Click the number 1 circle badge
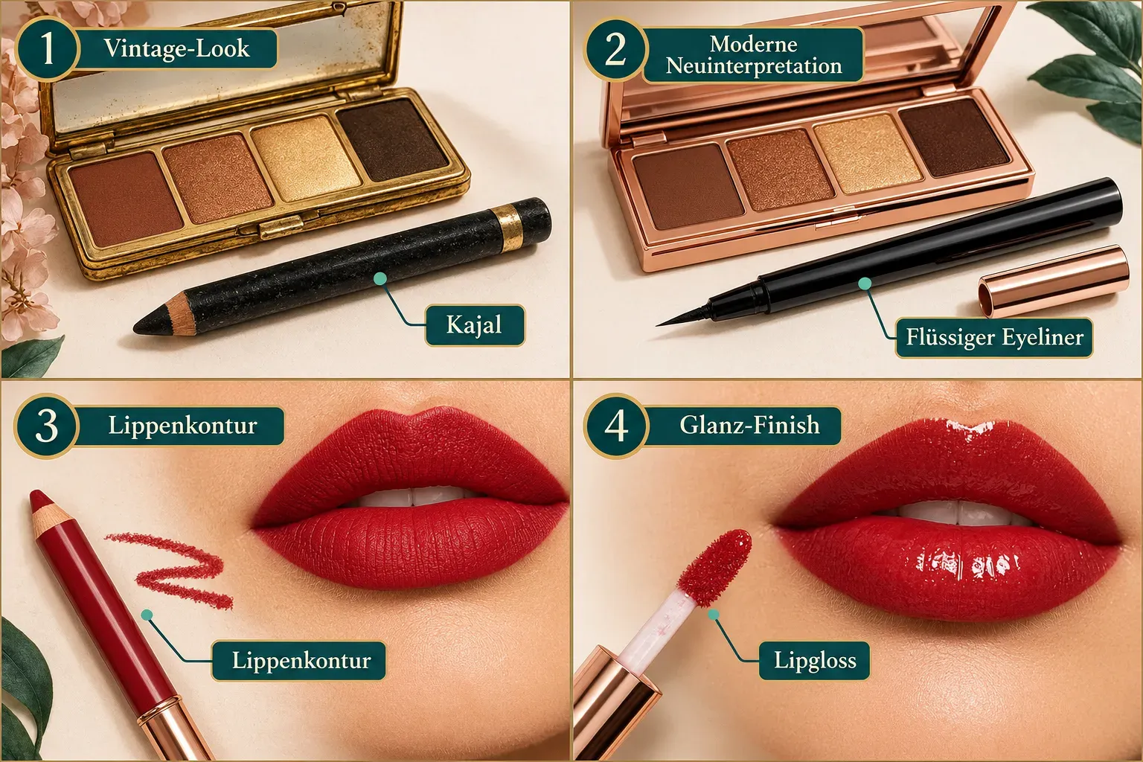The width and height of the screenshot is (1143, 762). [47, 49]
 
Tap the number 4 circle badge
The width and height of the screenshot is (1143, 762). [616, 426]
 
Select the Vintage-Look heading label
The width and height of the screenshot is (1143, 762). [176, 48]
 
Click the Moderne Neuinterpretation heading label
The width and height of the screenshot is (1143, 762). [753, 55]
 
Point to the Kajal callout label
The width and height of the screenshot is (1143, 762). [475, 325]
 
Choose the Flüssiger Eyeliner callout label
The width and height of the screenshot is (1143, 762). [994, 337]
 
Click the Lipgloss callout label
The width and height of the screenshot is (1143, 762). [814, 661]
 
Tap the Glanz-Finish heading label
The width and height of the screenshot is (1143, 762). [749, 426]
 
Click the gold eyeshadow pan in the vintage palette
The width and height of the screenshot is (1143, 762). [305, 157]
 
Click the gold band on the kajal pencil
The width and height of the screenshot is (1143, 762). [508, 228]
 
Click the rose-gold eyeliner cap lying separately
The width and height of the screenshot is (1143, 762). [1054, 281]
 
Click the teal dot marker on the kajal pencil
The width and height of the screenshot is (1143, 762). [380, 278]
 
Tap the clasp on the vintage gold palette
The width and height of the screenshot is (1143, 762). [281, 227]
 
